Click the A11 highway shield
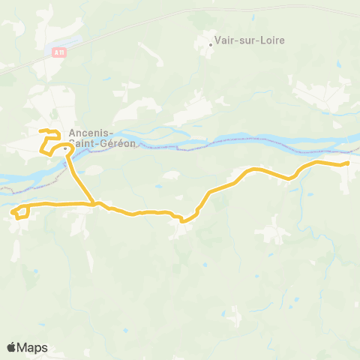click(59, 51)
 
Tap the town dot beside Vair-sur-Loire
click(211, 43)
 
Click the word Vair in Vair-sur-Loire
click(225, 41)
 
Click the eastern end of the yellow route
click(349, 163)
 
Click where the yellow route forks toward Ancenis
click(93, 203)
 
